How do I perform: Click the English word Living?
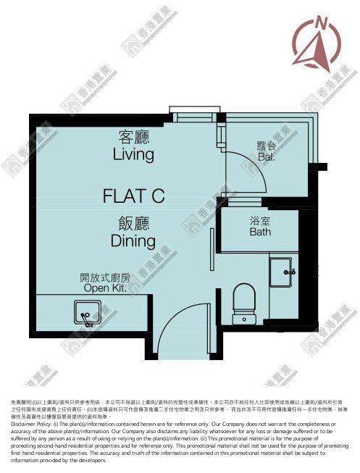[x=133, y=154]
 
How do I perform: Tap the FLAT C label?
[x=135, y=195]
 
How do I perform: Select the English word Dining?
[x=133, y=240]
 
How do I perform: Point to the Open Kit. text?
[x=105, y=288]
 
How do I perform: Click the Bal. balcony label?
[x=267, y=156]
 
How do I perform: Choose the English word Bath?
[x=261, y=233]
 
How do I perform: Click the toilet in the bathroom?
[x=244, y=302]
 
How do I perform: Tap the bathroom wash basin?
[x=284, y=272]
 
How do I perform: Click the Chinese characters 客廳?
[x=133, y=136]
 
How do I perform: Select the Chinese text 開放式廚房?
[x=105, y=277]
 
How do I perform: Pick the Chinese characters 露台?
[x=267, y=145]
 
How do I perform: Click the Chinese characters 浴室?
[x=261, y=221]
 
